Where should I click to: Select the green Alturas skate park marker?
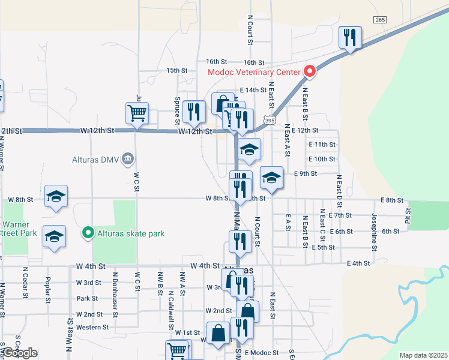point(88,232)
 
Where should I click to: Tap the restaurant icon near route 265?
point(349,38)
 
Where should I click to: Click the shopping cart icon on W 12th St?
point(137,113)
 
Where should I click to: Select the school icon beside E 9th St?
point(271,178)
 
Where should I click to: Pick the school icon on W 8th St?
point(56,196)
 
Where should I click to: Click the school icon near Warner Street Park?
point(54,236)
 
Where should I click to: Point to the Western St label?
point(92,328)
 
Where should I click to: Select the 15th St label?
point(177,70)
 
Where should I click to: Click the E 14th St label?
point(252,90)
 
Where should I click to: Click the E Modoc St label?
point(261,353)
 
